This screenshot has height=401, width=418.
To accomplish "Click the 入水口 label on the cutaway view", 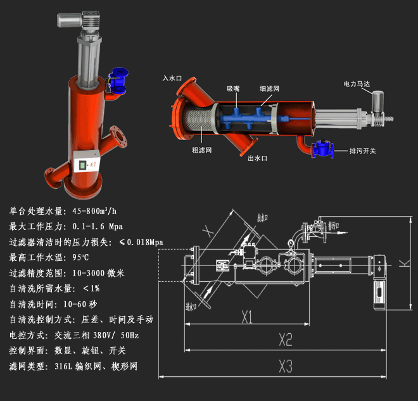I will coord(172,78).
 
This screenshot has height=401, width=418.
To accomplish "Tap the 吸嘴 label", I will coord(234,89).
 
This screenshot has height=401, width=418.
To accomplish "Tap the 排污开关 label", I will coord(363,151).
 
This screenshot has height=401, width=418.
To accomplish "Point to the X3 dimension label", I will coord(285,366).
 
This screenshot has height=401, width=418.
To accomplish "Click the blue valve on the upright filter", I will coord(117,80).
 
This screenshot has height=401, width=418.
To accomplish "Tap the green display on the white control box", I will coord(82,167).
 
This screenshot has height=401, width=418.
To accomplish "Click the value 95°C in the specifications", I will coord(81,257).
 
